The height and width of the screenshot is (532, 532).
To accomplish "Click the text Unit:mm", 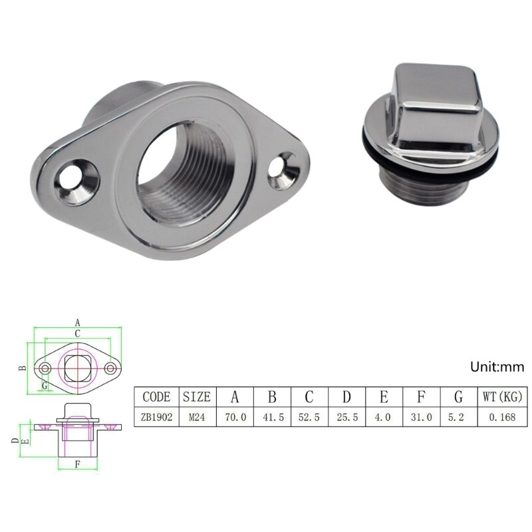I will (497, 366).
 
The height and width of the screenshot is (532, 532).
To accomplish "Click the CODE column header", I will (156, 397).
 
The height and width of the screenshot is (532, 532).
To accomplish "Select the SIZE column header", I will (197, 397).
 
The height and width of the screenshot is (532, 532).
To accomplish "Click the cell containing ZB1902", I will (156, 418).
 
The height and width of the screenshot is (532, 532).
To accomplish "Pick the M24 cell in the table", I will (197, 418).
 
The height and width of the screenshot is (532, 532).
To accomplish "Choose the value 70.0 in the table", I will (234, 418).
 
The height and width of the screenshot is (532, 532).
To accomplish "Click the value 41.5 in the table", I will (271, 418).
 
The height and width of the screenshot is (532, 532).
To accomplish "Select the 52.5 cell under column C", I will (309, 418).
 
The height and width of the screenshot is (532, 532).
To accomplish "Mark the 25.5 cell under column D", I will (346, 418).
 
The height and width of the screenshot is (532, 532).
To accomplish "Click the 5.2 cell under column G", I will (458, 418).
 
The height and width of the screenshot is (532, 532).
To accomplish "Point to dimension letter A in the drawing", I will (77, 322).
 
